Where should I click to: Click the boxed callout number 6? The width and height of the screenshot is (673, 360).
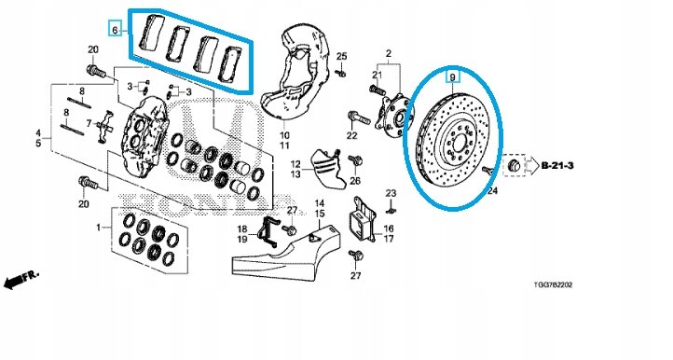tap(114, 30)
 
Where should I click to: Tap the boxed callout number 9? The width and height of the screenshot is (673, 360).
tap(452, 77)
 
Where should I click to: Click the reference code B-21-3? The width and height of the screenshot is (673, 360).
tap(557, 166)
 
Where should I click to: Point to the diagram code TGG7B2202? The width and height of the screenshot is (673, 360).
tap(553, 284)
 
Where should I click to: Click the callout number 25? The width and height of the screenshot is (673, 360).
tap(341, 56)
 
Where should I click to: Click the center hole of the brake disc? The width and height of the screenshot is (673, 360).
tap(459, 142)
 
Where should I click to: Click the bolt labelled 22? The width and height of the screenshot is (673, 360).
tap(358, 118)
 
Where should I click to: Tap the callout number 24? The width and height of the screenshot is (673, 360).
tap(492, 190)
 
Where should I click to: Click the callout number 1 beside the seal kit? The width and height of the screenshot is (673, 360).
tap(98, 227)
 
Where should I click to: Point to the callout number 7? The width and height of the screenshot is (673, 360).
tap(89, 124)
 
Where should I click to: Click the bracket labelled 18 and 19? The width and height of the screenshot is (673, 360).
tap(268, 232)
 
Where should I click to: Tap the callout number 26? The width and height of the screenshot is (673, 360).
tap(355, 181)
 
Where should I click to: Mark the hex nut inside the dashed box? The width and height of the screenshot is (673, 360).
tap(513, 165)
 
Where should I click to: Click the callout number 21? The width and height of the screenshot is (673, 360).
tap(377, 76)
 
